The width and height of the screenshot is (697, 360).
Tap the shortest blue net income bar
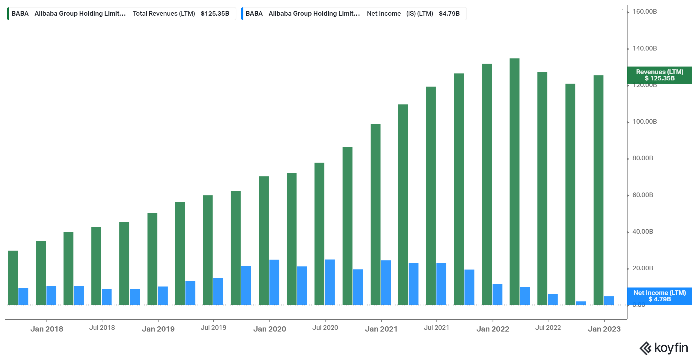pos(581,303)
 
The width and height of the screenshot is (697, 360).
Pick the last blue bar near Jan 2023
pos(609,300)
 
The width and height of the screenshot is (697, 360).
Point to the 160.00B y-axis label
pos(644,12)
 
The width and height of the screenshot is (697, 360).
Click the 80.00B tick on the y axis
pos(642,158)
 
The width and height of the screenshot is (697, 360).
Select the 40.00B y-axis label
pos(642,232)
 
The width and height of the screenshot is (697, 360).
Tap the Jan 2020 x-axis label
pos(270,329)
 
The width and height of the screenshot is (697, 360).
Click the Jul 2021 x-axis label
pos(436,328)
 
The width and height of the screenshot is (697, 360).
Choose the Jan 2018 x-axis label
pos(47,329)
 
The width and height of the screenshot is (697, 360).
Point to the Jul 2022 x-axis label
pos(548,328)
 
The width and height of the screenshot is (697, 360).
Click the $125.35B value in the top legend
pos(215,14)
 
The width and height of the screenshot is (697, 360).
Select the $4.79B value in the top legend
pos(449,14)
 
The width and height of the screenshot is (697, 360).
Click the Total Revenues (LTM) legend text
pos(164,14)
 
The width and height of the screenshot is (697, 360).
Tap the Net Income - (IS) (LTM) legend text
pos(400,14)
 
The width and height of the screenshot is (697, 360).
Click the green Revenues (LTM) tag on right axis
pos(660,75)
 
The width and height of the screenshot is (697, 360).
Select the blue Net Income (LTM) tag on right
pos(660,296)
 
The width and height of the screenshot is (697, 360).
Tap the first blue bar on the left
pos(23,296)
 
